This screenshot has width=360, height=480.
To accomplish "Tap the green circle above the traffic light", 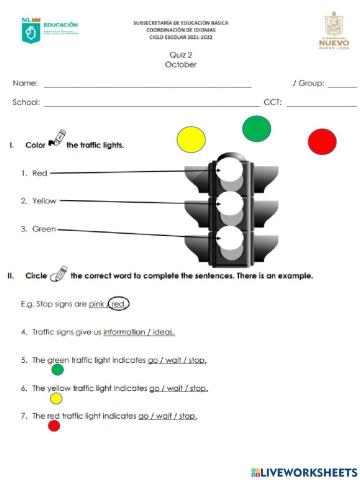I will tap(256, 127).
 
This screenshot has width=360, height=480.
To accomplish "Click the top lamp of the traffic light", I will tap(229, 173).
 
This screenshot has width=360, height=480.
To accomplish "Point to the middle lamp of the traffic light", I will tap(229, 207).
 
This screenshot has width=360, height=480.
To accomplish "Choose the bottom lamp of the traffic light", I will tap(229, 241).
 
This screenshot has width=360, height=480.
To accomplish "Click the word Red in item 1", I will tap(40, 173).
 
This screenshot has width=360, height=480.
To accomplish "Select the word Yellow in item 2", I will tap(44, 201).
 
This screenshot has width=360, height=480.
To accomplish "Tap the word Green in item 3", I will tap(43, 229).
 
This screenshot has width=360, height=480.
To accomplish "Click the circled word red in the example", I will tap(118, 303).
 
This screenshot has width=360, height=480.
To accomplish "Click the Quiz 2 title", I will tap(180, 56).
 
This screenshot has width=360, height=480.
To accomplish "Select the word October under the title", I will tap(180, 65).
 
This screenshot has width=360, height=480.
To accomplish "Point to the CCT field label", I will tap(272, 102).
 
